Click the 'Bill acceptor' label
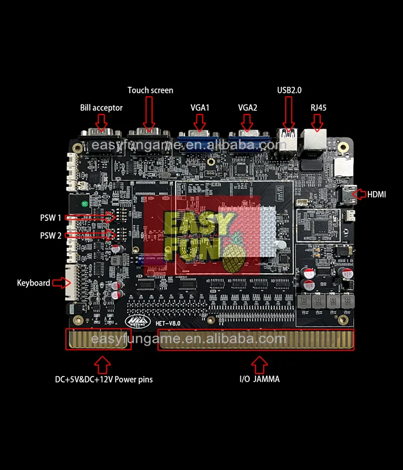click(101, 108)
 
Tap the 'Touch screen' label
click(150, 90)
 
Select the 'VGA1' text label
click(200, 108)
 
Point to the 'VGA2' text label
click(248, 108)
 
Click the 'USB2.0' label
click(289, 90)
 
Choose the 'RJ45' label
click(318, 108)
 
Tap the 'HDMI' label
click(377, 194)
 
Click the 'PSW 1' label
click(51, 218)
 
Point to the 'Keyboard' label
click(33, 283)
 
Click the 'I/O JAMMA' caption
click(259, 380)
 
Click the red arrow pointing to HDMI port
click(357, 193)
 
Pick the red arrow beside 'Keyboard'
click(61, 283)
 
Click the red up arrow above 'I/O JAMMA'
click(257, 364)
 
